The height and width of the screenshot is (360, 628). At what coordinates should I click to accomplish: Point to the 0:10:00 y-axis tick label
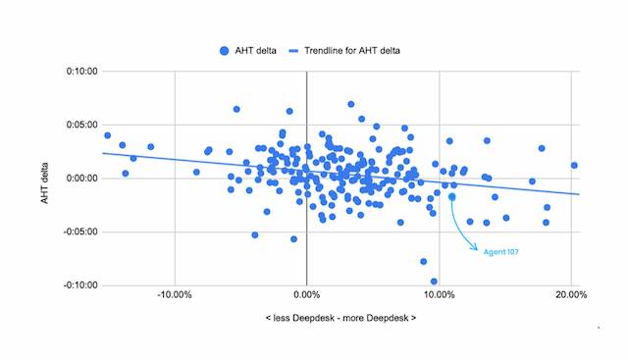tap(82, 72)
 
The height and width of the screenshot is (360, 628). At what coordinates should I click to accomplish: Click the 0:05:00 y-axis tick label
tap(82, 125)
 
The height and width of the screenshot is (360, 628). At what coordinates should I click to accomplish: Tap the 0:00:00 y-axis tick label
tap(82, 179)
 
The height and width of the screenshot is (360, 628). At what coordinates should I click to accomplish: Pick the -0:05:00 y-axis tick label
tap(80, 232)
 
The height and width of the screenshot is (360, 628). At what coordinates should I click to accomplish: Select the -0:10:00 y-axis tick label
tap(80, 285)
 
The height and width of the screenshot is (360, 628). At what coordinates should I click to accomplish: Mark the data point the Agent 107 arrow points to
tap(452, 195)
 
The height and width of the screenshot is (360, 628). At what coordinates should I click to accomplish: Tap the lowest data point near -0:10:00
tap(434, 282)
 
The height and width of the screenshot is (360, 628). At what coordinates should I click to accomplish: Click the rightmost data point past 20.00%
tap(574, 165)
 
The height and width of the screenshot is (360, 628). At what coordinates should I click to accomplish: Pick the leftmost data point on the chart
tap(107, 135)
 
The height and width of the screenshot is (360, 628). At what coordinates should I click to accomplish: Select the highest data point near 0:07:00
tap(351, 104)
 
